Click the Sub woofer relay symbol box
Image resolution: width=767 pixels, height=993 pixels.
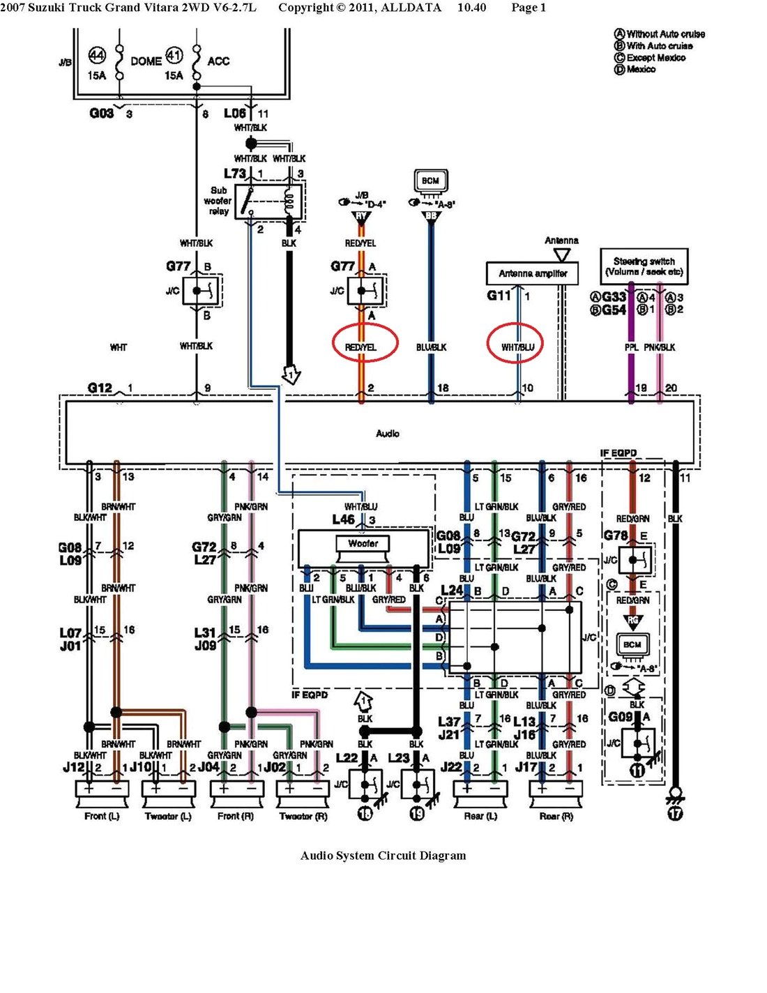268,202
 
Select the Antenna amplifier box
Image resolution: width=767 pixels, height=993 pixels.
533,273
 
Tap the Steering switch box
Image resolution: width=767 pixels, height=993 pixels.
644,266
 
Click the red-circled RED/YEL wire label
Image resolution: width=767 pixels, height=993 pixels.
360,347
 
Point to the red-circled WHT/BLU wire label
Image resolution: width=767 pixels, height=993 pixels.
517,347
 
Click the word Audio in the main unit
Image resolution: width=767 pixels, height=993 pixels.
388,433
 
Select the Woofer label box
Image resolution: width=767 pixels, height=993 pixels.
363,543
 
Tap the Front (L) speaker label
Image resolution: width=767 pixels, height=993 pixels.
102,816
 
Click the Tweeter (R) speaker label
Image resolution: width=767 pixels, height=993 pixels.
303,816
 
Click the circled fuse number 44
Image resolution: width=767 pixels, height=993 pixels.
97,55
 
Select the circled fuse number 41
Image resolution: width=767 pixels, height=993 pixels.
174,55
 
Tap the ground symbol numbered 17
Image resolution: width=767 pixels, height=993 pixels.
675,813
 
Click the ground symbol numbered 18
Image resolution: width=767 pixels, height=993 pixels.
365,813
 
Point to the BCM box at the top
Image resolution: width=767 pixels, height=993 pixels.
430,181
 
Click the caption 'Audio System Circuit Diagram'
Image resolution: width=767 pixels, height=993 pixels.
383,856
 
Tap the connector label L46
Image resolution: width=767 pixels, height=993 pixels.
344,520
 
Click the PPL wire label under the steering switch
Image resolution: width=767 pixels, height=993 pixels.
631,347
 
